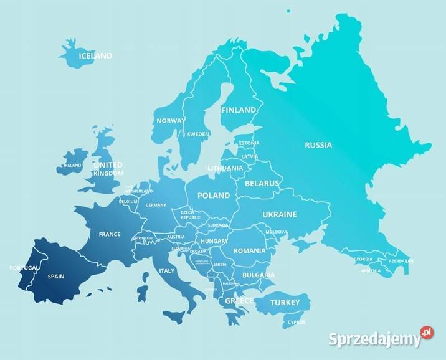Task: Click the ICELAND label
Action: pyautogui.click(x=95, y=56)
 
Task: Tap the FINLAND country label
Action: pyautogui.click(x=239, y=110)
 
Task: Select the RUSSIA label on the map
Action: pyautogui.click(x=318, y=145)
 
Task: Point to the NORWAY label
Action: pyautogui.click(x=171, y=121)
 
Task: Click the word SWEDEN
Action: pyautogui.click(x=198, y=134)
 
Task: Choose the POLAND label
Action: pyautogui.click(x=214, y=196)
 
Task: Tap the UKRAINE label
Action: pyautogui.click(x=280, y=214)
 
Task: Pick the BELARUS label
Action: pyautogui.click(x=262, y=184)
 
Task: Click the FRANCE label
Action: pyautogui.click(x=110, y=235)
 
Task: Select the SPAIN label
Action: pyautogui.click(x=56, y=276)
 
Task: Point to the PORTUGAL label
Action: pyautogui.click(x=24, y=268)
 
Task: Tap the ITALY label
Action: pyautogui.click(x=167, y=271)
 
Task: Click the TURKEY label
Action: pyautogui.click(x=286, y=303)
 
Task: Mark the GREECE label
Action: pyautogui.click(x=239, y=301)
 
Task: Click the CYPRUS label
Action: pyautogui.click(x=297, y=323)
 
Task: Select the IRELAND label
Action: pyautogui.click(x=72, y=166)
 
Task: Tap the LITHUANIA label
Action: pyautogui.click(x=225, y=168)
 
